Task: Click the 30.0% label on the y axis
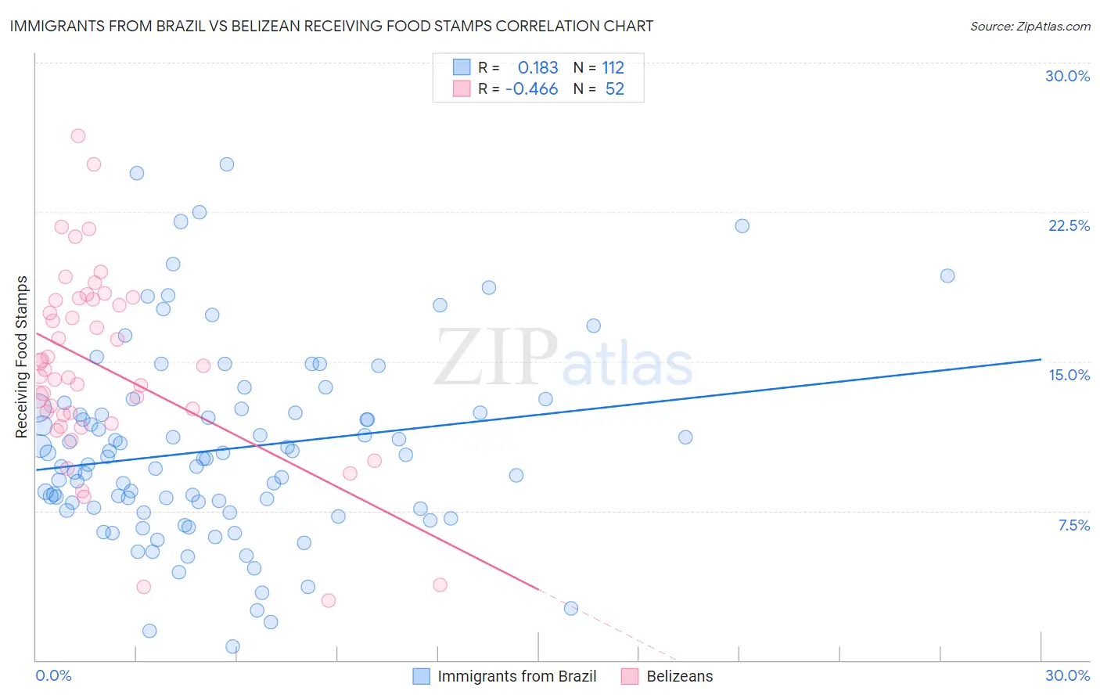1067,76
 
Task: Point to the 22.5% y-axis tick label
1069,225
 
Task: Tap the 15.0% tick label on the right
1069,375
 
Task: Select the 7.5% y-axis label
1073,525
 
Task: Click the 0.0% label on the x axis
53,675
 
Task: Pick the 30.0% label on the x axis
1067,675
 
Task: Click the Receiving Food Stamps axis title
22,357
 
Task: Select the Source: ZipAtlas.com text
1030,26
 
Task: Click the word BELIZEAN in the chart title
251,26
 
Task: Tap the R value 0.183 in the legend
537,68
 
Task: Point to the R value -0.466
532,89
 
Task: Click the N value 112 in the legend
613,68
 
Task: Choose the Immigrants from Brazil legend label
516,676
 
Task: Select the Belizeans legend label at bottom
679,676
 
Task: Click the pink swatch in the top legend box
462,88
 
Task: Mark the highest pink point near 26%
78,136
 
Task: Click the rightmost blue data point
947,275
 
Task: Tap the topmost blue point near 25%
227,164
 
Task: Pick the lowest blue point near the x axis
232,646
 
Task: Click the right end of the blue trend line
1041,359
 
